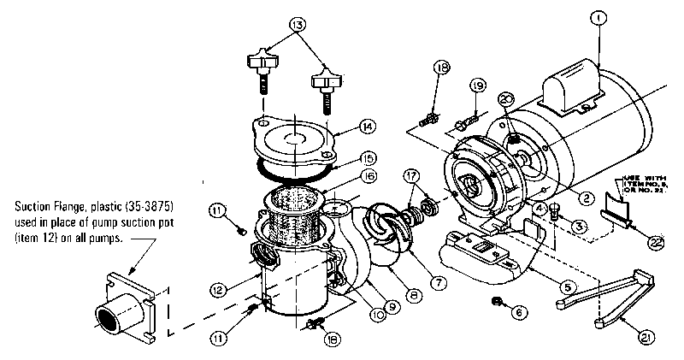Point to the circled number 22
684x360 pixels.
655,244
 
